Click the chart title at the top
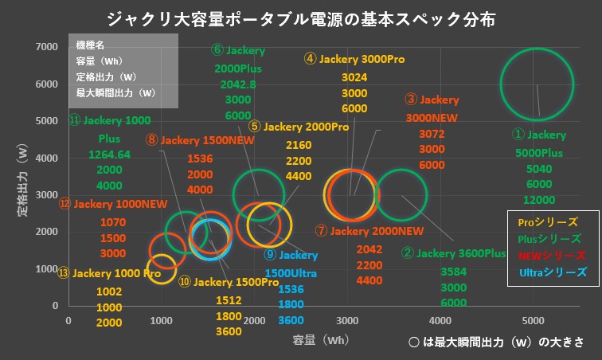pos(300,18)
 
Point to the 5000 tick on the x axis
pos(534,320)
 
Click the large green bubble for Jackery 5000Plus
pos(536,84)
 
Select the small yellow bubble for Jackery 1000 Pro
pos(162,268)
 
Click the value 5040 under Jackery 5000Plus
pos(538,169)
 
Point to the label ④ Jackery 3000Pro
pos(354,59)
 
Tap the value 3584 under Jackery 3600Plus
pos(453,272)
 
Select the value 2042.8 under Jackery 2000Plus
pos(236,84)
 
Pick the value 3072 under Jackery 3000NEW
pos(432,134)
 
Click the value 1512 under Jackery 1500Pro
pos(229,299)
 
